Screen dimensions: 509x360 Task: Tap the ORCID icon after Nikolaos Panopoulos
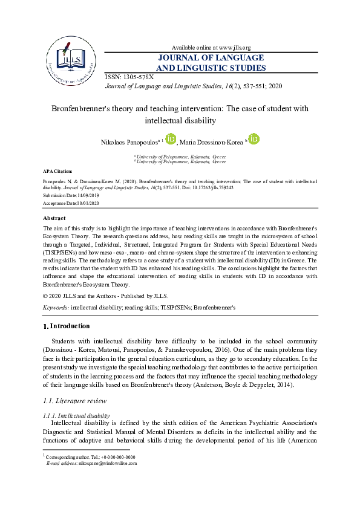171,139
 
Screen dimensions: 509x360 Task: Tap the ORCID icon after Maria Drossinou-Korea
254,139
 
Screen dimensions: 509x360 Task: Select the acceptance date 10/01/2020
88,203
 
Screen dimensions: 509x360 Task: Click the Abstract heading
54,218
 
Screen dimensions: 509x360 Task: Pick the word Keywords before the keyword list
55,307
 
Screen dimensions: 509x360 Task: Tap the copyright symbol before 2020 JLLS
45,296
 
